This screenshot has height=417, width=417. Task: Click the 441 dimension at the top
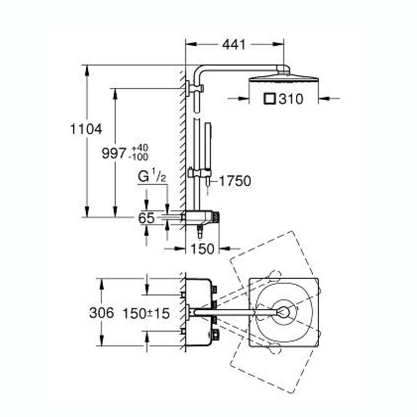(x=234, y=45)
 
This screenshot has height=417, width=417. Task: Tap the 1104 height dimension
(x=86, y=129)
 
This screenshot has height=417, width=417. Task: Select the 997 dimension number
(x=114, y=153)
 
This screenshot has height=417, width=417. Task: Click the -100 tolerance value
(x=138, y=157)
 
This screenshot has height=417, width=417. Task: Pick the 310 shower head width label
(x=291, y=99)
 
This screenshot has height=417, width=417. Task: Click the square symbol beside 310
(x=270, y=99)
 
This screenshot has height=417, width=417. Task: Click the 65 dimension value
(x=146, y=218)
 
